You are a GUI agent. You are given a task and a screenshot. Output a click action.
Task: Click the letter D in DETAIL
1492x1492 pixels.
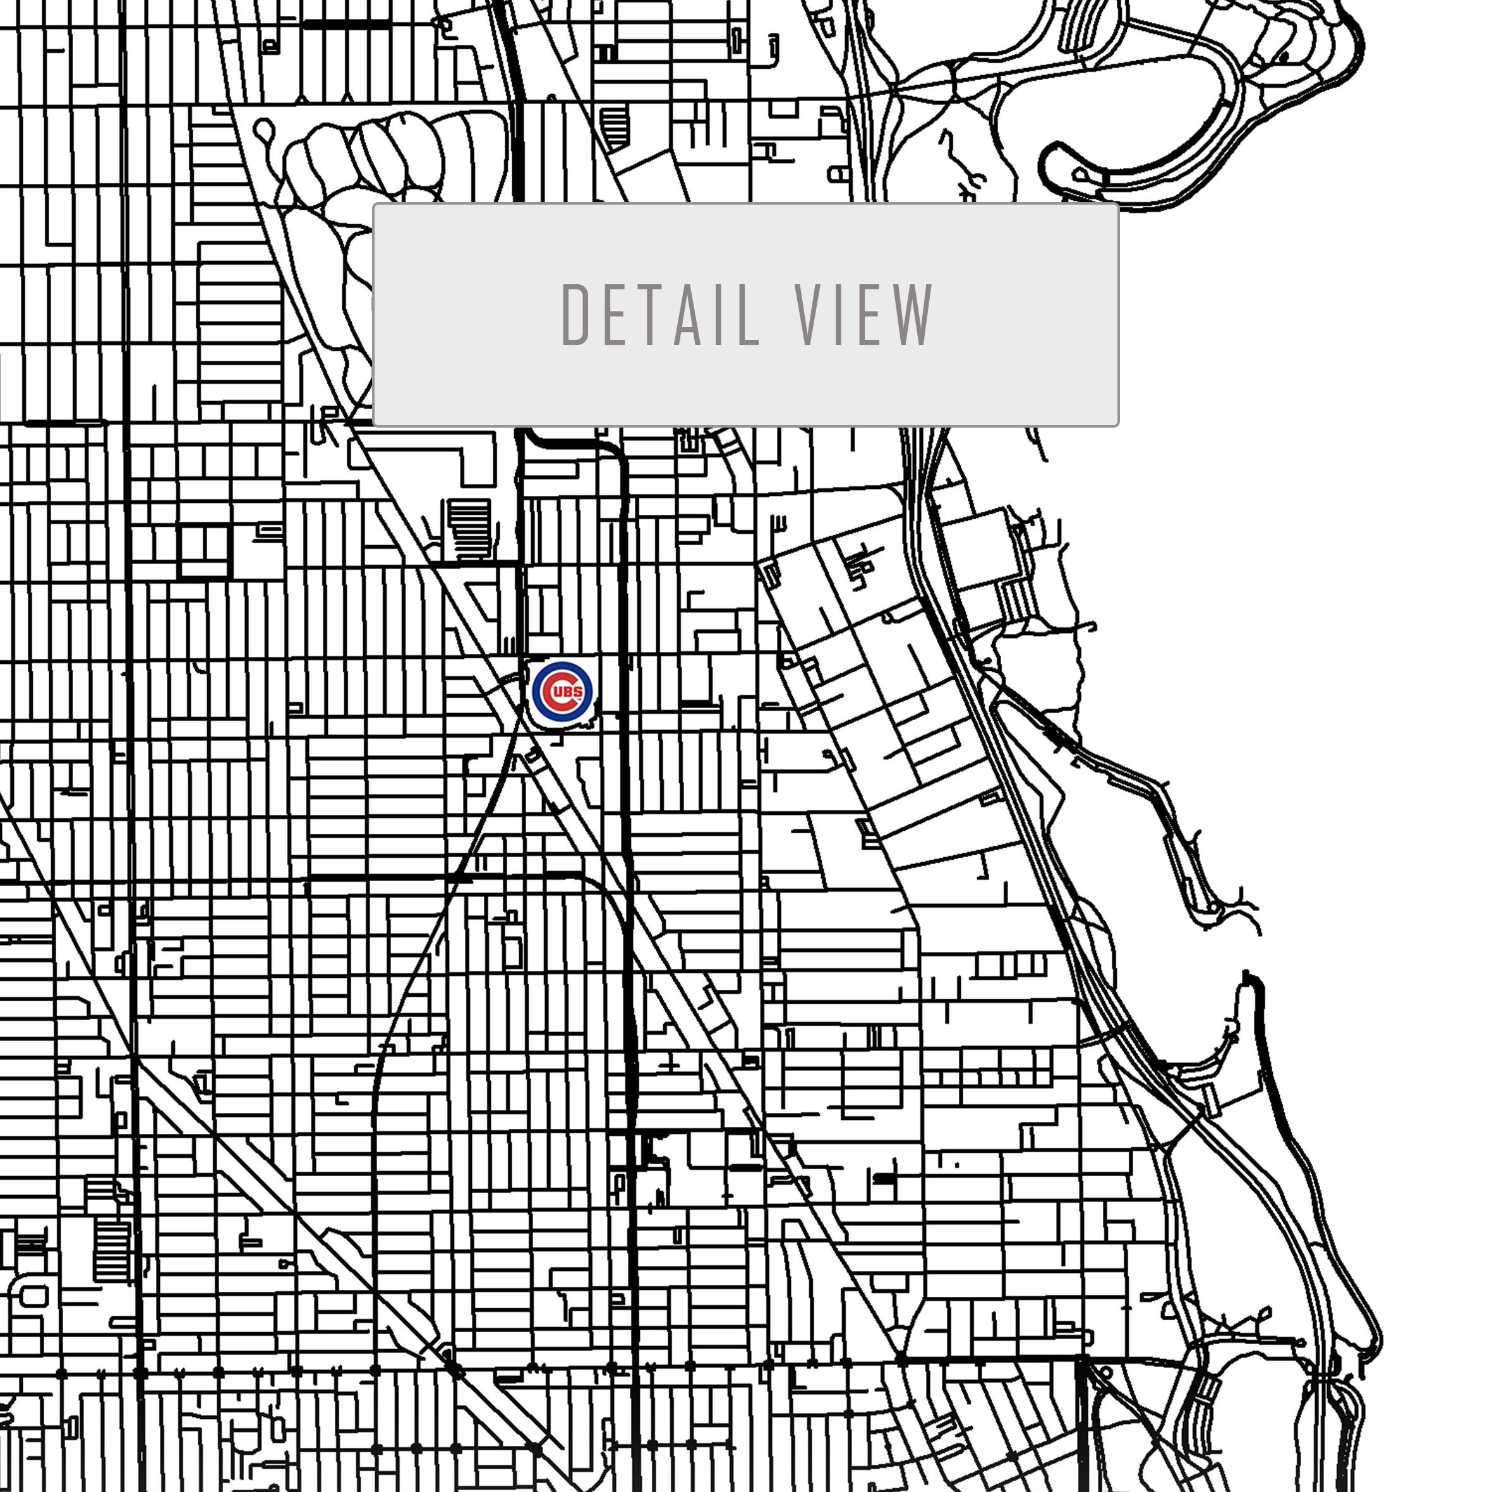[575, 315]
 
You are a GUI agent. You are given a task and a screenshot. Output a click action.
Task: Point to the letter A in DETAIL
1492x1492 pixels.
[688, 315]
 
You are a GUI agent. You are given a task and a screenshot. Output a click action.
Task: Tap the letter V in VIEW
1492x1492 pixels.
[810, 315]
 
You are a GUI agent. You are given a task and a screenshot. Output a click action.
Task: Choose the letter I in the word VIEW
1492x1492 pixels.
[841, 315]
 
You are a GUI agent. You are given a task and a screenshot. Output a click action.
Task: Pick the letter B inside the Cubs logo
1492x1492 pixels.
[569, 692]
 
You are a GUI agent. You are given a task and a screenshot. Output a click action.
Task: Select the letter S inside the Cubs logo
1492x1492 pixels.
[579, 692]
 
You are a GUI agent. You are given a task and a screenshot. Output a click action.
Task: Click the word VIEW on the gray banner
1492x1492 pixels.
[864, 315]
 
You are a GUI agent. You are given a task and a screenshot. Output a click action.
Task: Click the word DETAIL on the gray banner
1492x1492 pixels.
[660, 315]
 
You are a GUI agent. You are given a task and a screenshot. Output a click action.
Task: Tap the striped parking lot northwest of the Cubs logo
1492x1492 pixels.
[469, 529]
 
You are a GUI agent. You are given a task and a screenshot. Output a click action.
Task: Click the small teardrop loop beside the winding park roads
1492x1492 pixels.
[264, 129]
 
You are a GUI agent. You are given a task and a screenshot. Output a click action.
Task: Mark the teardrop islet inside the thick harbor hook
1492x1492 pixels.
[1085, 176]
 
